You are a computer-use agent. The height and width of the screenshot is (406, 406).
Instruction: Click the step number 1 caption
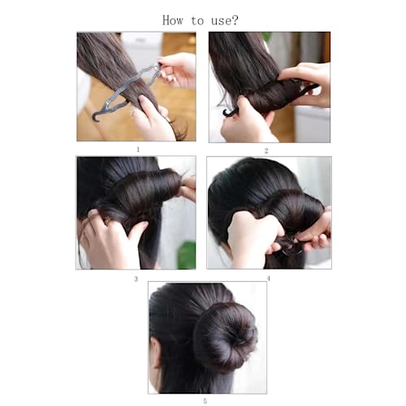point(137,149)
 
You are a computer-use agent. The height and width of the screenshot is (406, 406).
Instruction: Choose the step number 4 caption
point(268,279)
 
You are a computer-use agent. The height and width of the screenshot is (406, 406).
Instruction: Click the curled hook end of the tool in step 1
point(97,114)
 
